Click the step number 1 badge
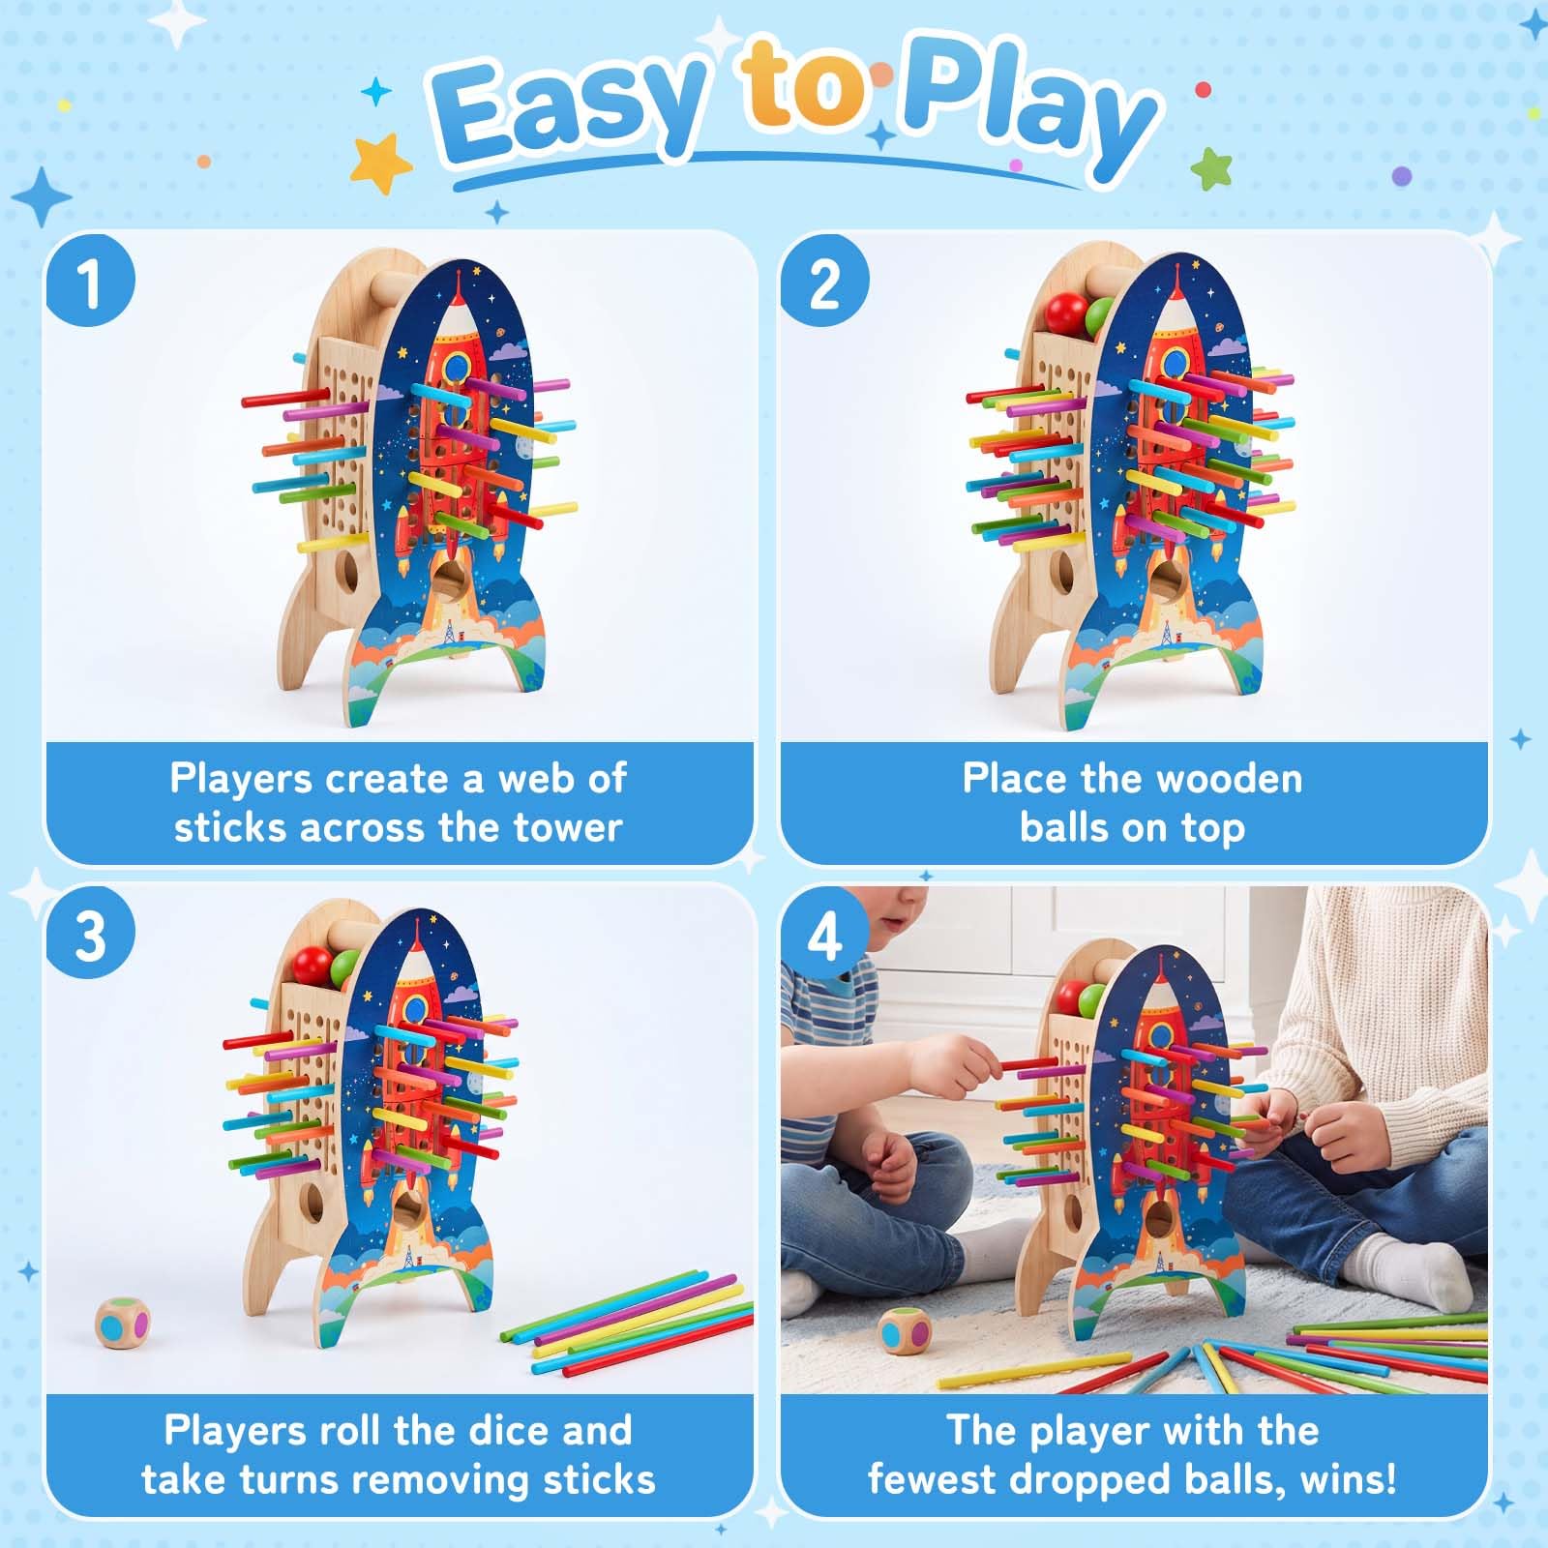tap(90, 283)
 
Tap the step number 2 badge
tap(824, 283)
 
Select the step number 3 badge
tap(90, 935)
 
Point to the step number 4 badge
tap(824, 935)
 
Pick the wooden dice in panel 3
tap(123, 1323)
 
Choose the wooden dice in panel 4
tap(905, 1331)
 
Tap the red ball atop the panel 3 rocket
tap(313, 965)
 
